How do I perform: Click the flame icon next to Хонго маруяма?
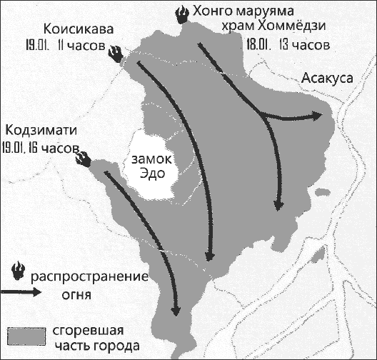tap(184, 14)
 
